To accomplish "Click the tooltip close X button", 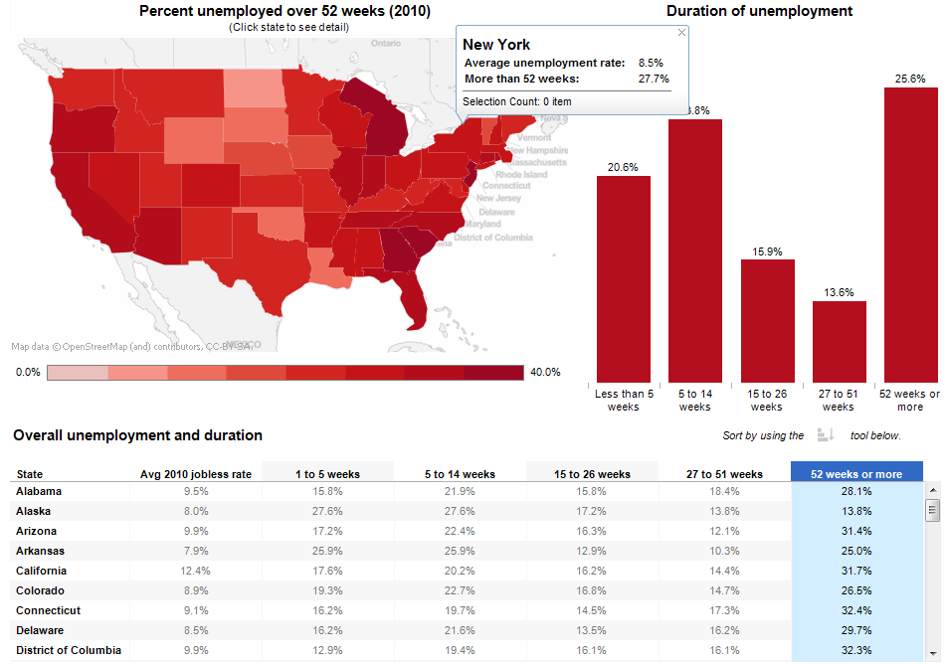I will point(681,33).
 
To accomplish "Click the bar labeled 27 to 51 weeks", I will point(839,342).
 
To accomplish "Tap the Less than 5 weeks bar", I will point(624,279).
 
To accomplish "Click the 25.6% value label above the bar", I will point(909,78).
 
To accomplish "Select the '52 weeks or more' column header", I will point(856,474).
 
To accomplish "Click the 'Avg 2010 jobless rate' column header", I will point(196,474).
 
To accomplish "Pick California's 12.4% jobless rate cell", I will point(196,571).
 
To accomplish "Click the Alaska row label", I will point(34,511).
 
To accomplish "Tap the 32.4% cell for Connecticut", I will point(856,610).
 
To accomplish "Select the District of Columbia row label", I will point(69,650).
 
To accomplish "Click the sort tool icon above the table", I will point(825,434).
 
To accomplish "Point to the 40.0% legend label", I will point(545,372).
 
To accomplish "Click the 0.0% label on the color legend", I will point(28,372).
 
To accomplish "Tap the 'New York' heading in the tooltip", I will point(496,45).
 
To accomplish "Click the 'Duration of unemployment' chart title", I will point(759,11).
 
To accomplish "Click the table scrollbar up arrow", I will point(932,490).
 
